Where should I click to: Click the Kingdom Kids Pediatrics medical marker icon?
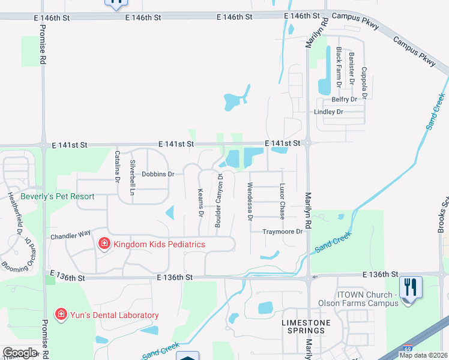pyautogui.click(x=103, y=244)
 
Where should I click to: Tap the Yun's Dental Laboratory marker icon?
pyautogui.click(x=60, y=314)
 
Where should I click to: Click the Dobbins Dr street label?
pyautogui.click(x=158, y=174)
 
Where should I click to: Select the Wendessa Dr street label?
pyautogui.click(x=250, y=202)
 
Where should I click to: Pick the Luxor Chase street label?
pyautogui.click(x=282, y=201)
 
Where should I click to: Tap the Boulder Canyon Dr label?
pyautogui.click(x=220, y=200)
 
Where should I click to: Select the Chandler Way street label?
pyautogui.click(x=70, y=235)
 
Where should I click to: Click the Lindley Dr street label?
pyautogui.click(x=328, y=112)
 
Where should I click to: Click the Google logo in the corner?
pyautogui.click(x=19, y=353)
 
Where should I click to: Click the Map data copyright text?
pyautogui.click(x=423, y=355)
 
